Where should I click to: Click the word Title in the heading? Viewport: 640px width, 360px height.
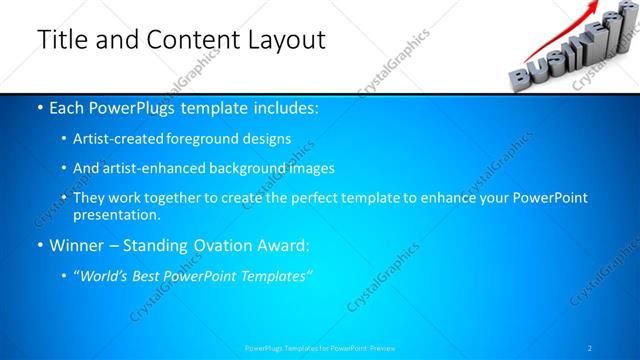pyautogui.click(x=61, y=40)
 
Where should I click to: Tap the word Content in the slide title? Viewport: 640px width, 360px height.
pyautogui.click(x=191, y=40)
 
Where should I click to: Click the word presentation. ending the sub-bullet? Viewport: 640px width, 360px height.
pyautogui.click(x=116, y=214)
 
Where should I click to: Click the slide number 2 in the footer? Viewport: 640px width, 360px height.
pyautogui.click(x=589, y=348)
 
